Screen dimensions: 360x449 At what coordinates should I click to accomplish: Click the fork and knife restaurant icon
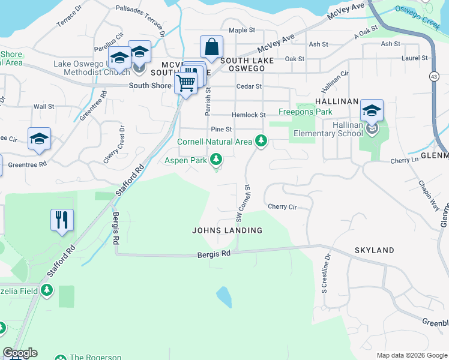(x=62, y=220)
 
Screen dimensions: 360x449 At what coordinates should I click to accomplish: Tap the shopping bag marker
(x=212, y=46)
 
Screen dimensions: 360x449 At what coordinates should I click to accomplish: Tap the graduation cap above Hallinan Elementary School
(x=372, y=111)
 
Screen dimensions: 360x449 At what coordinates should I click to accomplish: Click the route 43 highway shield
(x=433, y=76)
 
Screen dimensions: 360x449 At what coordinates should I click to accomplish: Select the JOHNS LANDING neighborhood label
(x=227, y=230)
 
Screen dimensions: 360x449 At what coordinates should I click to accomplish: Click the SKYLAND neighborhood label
(x=374, y=250)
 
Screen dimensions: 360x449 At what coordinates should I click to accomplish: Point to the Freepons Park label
(x=306, y=112)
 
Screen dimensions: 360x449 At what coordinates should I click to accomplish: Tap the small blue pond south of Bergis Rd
(x=223, y=296)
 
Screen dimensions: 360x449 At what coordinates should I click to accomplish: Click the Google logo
(x=20, y=353)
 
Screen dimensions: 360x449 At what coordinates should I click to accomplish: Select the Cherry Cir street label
(x=283, y=207)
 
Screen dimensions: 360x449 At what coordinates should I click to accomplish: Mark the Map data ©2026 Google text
(x=411, y=355)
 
